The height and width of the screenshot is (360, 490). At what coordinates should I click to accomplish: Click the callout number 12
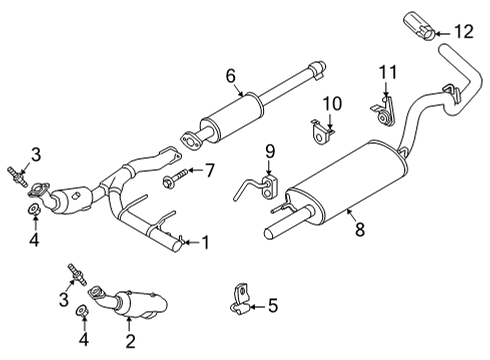461,32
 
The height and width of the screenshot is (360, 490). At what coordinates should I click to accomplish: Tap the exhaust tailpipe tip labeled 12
418,24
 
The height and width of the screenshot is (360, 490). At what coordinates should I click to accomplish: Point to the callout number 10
330,101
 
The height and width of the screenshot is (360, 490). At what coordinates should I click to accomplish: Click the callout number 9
268,151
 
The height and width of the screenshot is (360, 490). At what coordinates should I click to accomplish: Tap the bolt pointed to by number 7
173,181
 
